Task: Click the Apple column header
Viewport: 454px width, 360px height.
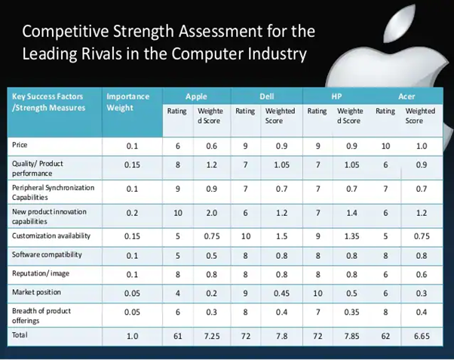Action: tap(198, 97)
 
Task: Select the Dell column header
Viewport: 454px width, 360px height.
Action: tap(267, 97)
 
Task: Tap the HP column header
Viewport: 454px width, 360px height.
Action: tap(336, 97)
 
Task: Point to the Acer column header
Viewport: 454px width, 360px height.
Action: tap(406, 97)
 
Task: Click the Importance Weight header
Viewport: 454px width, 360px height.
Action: tap(128, 102)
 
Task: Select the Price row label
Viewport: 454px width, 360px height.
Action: tap(20, 144)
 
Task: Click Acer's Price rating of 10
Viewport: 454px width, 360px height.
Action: tap(387, 144)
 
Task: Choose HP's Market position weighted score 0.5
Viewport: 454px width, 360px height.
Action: tap(351, 291)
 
